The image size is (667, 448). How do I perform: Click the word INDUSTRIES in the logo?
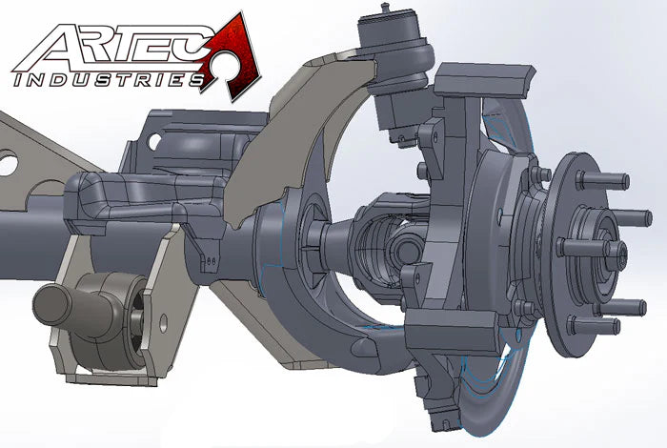[109, 79]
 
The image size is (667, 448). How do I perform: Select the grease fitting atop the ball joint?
[385, 9]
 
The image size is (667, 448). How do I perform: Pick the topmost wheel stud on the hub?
[603, 180]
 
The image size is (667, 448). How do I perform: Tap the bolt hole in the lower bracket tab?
[163, 323]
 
